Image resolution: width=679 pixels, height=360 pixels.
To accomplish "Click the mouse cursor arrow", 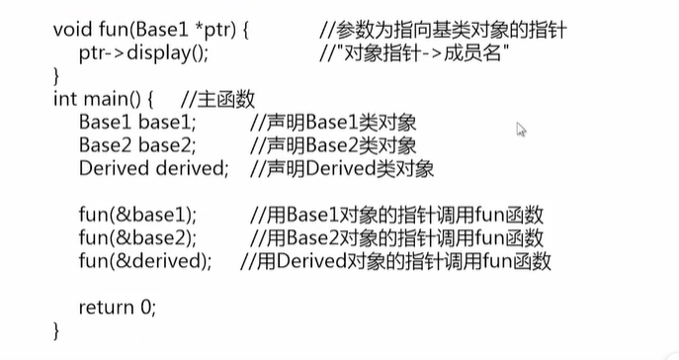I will pyautogui.click(x=521, y=129).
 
